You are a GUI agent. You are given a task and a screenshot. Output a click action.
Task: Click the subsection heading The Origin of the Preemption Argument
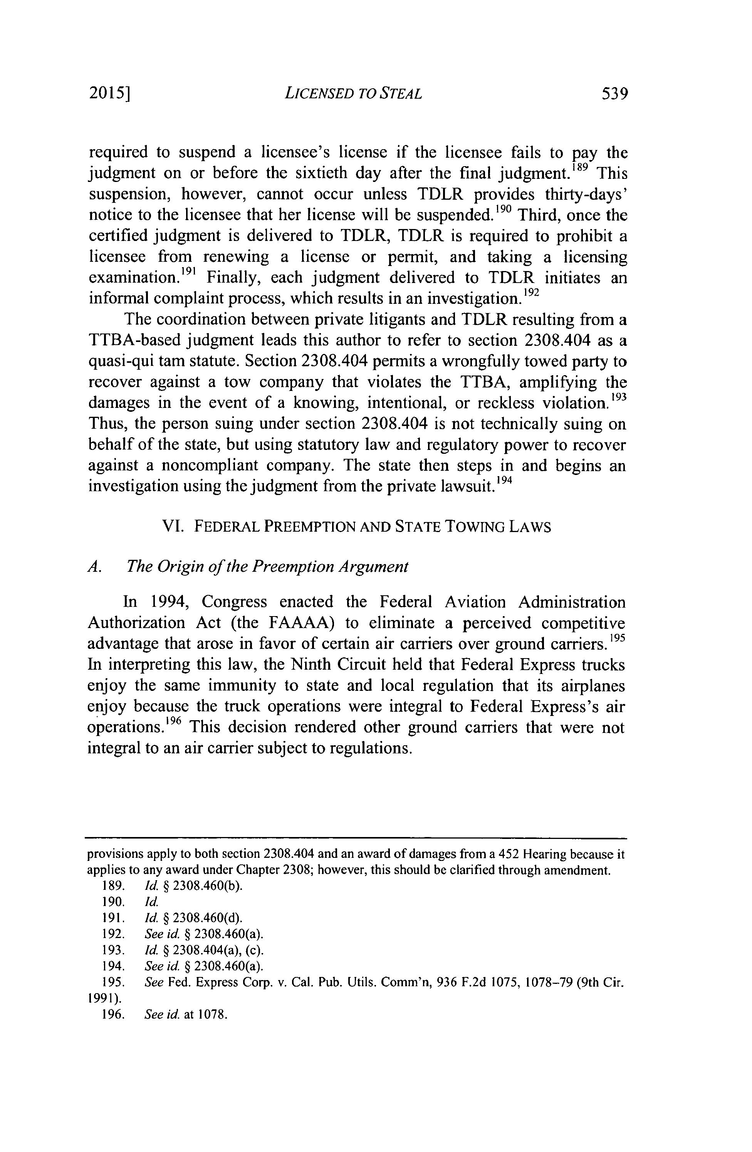coord(267,566)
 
